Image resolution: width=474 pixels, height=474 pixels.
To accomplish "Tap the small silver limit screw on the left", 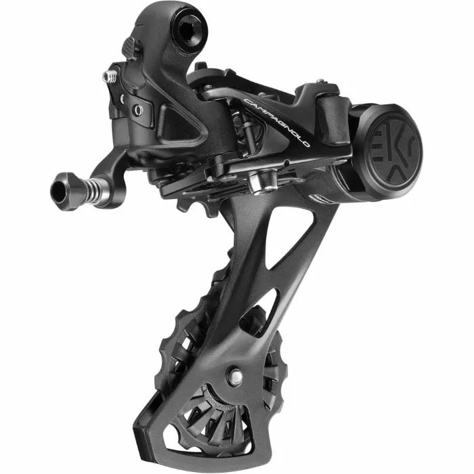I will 109,77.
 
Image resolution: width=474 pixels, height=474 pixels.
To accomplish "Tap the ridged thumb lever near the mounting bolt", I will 130,47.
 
